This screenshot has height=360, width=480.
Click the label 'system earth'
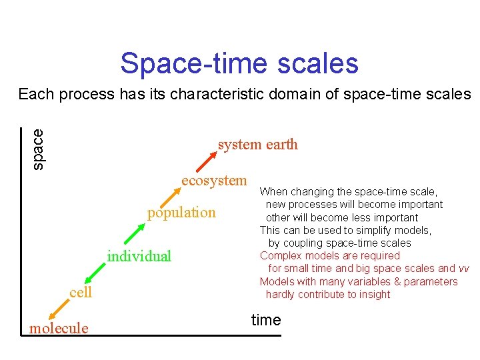[257, 145]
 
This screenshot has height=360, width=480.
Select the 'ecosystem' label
[214, 181]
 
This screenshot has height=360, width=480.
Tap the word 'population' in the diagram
[181, 213]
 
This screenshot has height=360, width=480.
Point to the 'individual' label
[139, 256]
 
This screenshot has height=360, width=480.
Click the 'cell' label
[81, 292]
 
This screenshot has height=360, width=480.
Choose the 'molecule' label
[59, 328]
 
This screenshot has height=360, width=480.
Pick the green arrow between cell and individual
[95, 273]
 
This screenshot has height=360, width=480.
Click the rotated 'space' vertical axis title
[39, 148]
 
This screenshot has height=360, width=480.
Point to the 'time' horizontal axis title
[266, 320]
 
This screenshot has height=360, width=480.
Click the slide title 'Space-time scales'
[239, 63]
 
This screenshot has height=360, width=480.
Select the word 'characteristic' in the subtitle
[218, 94]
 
